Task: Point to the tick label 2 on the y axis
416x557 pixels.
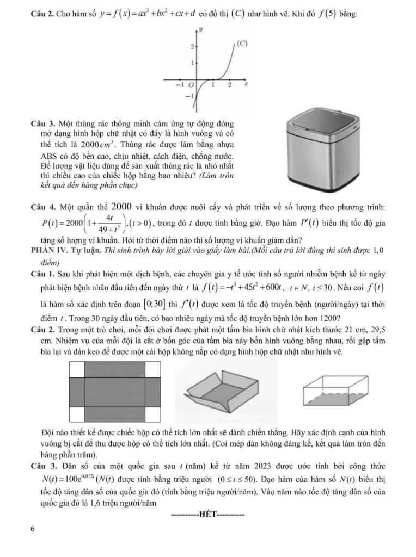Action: [x=191, y=47]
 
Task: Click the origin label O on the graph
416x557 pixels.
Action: [x=191, y=85]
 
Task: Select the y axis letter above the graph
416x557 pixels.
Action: [x=201, y=28]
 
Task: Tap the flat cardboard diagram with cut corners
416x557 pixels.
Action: [x=115, y=389]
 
